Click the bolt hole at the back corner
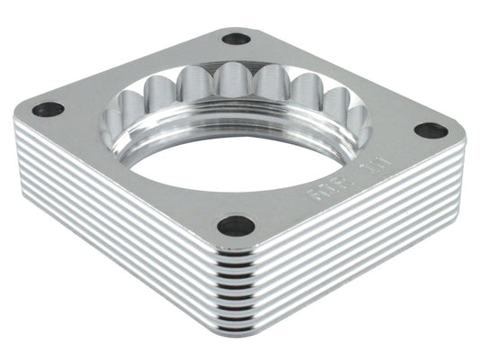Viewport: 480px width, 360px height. tap(236, 39)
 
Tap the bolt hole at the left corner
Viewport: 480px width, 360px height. tap(49, 110)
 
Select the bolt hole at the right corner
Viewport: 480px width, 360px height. tap(431, 130)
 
